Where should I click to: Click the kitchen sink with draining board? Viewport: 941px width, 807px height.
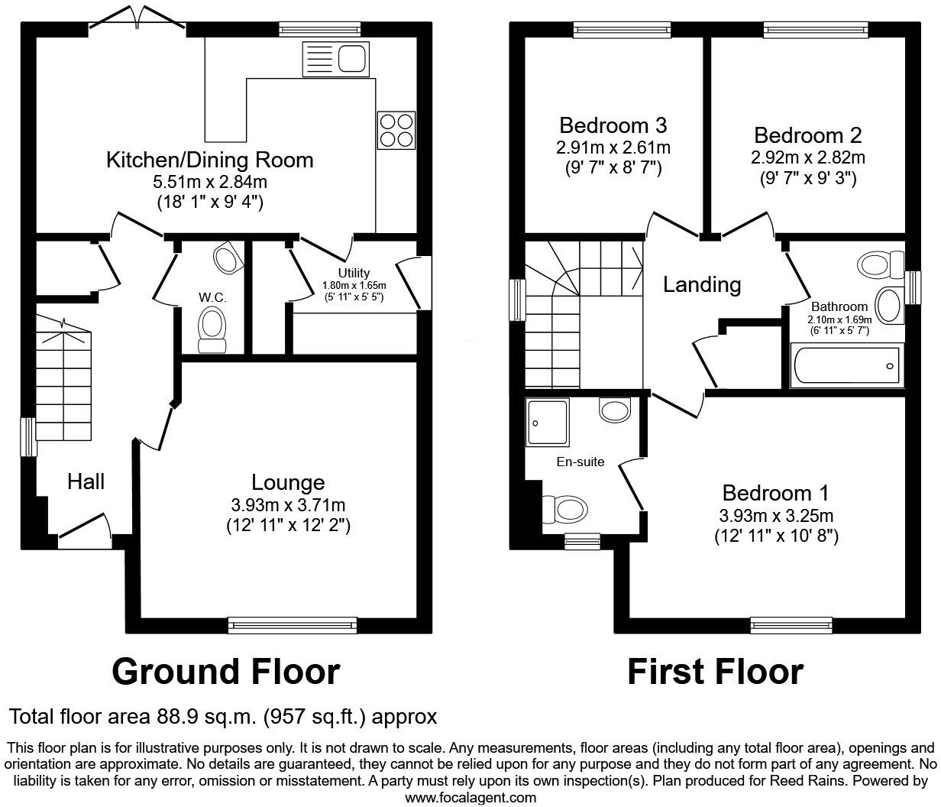coord(337,58)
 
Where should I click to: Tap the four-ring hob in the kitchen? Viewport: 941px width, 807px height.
coord(396,130)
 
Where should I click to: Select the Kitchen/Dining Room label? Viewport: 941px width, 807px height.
coord(209,160)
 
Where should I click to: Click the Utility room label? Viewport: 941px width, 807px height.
coord(354,273)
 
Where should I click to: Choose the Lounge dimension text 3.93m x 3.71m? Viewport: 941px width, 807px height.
coord(288,505)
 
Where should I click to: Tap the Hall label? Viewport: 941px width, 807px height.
coord(86,481)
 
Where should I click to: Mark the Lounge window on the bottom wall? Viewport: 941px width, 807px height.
coord(293,625)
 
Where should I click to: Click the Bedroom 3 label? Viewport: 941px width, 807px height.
coord(613,125)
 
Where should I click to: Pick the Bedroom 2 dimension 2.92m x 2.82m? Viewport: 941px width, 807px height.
coord(807,158)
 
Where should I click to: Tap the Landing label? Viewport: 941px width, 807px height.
coord(701,284)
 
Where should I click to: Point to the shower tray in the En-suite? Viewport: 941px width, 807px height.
coord(548,422)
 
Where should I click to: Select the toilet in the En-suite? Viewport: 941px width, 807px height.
coord(565,508)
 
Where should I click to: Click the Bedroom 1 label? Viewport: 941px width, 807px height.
coord(775,493)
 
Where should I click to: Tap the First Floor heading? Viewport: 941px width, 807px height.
coord(715,672)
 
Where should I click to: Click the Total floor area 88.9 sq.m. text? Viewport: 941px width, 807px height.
coord(222,717)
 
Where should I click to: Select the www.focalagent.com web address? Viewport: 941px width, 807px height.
coord(470,798)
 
